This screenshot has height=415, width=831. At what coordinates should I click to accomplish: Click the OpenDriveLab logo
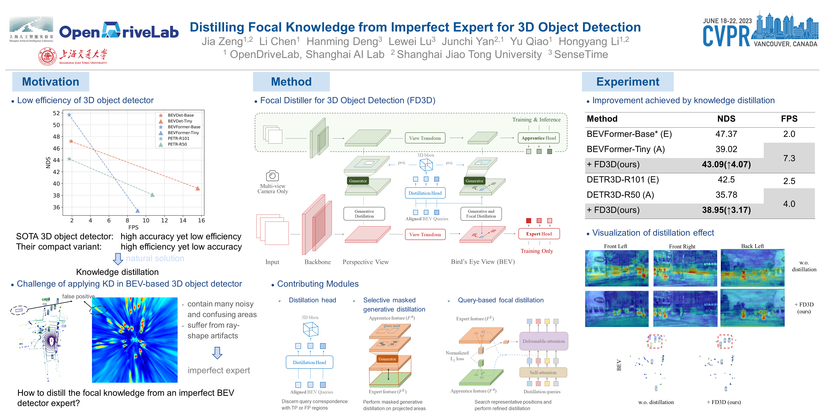click(119, 32)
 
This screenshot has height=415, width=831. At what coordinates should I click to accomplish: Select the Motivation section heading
click(51, 82)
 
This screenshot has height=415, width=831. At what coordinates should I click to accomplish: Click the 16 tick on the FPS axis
click(201, 220)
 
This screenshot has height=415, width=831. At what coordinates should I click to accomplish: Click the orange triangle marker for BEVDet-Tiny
click(198, 188)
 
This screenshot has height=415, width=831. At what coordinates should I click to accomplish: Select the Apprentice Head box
click(538, 138)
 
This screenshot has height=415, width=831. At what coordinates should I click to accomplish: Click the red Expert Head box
click(539, 234)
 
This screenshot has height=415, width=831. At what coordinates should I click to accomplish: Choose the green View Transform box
click(425, 138)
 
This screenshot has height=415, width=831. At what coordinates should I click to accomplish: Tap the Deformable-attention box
click(544, 341)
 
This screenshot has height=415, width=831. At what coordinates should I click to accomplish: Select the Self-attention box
click(543, 372)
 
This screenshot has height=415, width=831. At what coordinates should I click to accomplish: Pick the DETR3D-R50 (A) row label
click(620, 195)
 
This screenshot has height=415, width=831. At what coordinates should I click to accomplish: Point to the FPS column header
click(789, 119)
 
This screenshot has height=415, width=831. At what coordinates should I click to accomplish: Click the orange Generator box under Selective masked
click(387, 359)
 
